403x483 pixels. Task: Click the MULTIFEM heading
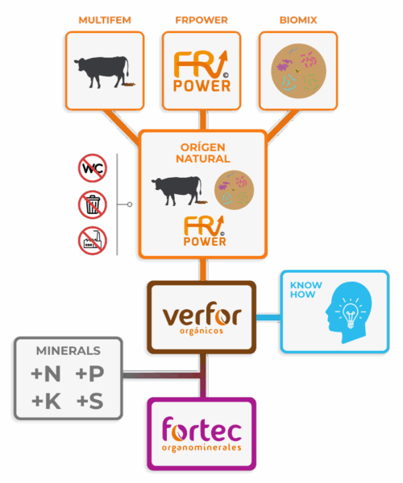(x=105, y=20)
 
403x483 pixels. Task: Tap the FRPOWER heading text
(x=201, y=20)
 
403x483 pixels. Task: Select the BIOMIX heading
(x=298, y=20)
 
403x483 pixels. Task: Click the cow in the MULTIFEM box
(x=104, y=72)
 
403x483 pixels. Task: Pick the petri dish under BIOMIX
(x=298, y=71)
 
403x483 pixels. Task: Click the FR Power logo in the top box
(x=201, y=71)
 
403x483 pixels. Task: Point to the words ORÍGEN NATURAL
(x=203, y=153)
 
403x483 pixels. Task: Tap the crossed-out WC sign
(x=93, y=168)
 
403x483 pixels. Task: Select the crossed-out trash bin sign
(x=93, y=204)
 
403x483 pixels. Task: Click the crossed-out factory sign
(x=93, y=241)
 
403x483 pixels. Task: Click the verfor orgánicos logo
(x=201, y=318)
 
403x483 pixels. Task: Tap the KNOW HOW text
(x=305, y=290)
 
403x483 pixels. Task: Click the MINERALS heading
(x=69, y=351)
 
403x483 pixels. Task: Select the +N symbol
(x=46, y=374)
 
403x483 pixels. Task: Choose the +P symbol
(x=89, y=374)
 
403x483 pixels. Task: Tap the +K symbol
(x=46, y=401)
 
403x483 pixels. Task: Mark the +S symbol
(x=89, y=401)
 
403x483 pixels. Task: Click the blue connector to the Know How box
(x=268, y=317)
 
